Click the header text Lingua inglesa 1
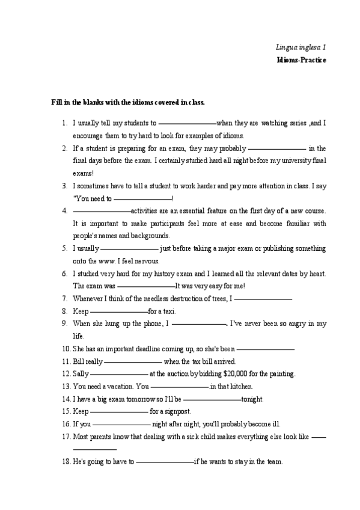point(301,46)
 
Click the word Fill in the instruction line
point(57,103)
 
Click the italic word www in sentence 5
point(107,261)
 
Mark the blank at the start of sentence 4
point(101,211)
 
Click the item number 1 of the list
point(65,123)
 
